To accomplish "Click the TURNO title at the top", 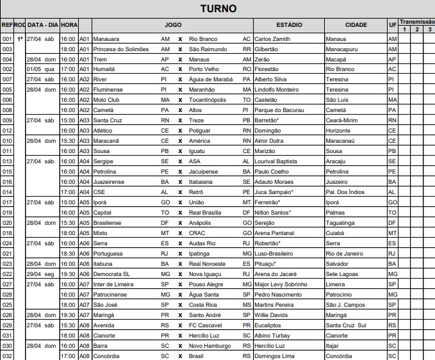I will pyautogui.click(x=218, y=9).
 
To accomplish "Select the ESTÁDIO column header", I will pyautogui.click(x=289, y=25).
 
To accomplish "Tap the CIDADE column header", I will pyautogui.click(x=356, y=25).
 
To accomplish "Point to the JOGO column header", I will pyautogui.click(x=173, y=25).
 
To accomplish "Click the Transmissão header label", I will pyautogui.click(x=416, y=21).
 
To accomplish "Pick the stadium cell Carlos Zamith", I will pyautogui.click(x=272, y=39).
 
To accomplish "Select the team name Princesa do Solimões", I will pyautogui.click(x=121, y=49).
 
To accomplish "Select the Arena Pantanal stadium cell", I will pyautogui.click(x=275, y=233).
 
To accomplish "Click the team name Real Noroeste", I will pyautogui.click(x=207, y=263).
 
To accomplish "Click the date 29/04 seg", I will pyautogui.click(x=42, y=274).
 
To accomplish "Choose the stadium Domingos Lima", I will pyautogui.click(x=275, y=356).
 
